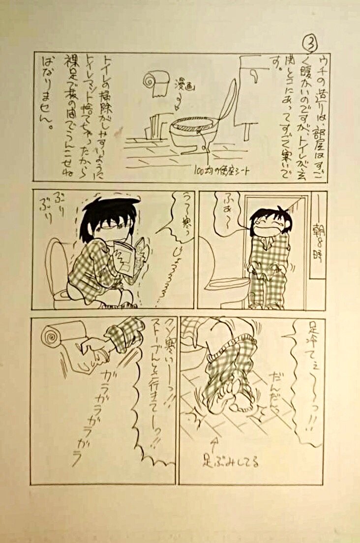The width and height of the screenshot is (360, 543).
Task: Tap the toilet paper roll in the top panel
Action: click(x=154, y=84)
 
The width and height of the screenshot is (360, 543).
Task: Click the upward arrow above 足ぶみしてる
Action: click(x=213, y=445)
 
